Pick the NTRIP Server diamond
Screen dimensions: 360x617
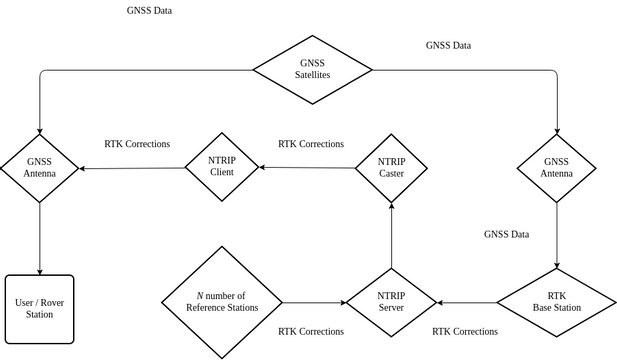tap(391, 301)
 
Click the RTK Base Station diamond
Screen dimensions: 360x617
tap(556, 301)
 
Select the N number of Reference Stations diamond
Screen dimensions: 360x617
tap(221, 301)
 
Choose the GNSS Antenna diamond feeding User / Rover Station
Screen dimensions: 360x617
tap(40, 166)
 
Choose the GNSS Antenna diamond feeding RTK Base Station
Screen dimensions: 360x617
tap(556, 166)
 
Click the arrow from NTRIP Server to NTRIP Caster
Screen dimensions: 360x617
tap(391, 235)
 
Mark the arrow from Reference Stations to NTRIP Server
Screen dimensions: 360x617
tap(312, 301)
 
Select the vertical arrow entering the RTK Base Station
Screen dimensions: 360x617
tap(556, 235)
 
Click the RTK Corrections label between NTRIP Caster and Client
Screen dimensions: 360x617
tap(310, 144)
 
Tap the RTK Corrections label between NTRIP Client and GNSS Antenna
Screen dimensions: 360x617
tap(137, 144)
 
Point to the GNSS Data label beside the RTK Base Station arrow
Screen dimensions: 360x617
tap(506, 235)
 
